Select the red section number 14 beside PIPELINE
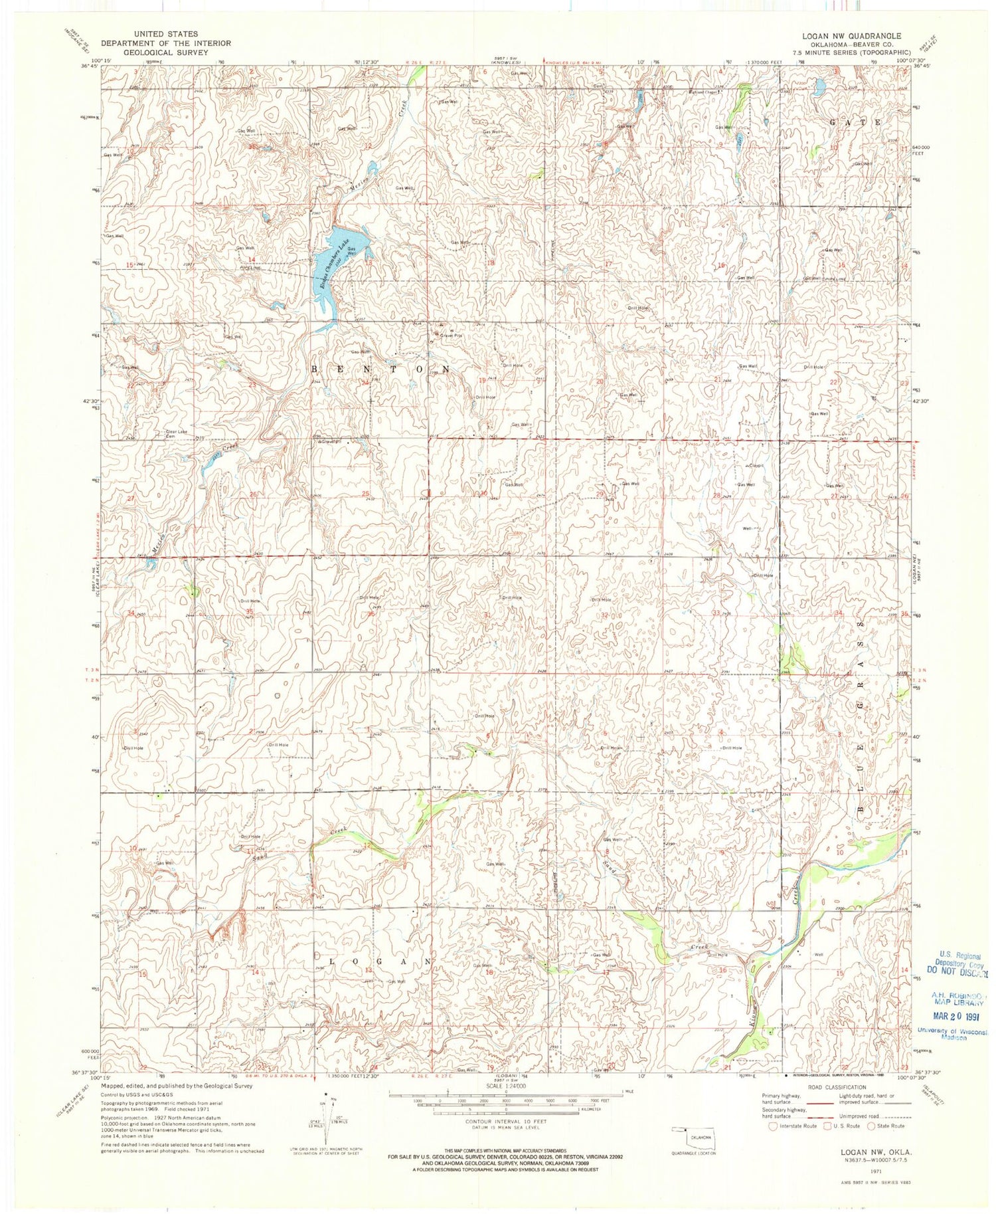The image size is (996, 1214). point(252,258)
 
